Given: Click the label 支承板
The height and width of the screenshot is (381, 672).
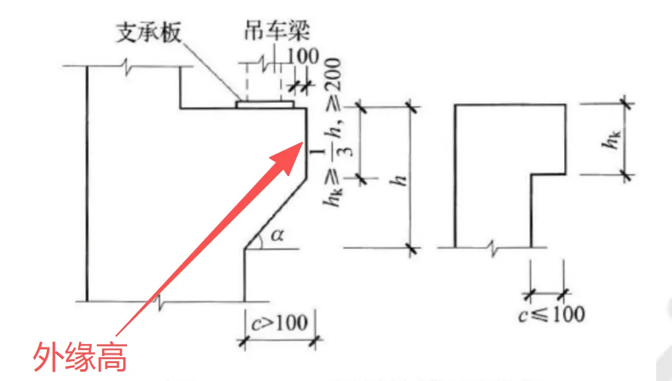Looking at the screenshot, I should click(x=148, y=32).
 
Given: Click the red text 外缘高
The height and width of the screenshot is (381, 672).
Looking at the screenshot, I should click(x=80, y=358).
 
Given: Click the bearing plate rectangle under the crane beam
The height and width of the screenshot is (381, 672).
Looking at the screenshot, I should click(x=265, y=104).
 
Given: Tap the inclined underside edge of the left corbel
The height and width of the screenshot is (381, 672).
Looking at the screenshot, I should click(x=275, y=212).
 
